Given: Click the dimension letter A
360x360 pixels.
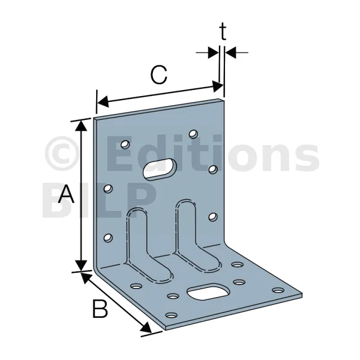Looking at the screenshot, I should pyautogui.click(x=67, y=195).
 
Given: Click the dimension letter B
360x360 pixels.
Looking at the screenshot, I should pyautogui.click(x=100, y=309).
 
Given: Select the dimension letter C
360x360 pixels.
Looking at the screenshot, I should pyautogui.click(x=159, y=75).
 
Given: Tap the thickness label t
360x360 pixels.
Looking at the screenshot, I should pyautogui.click(x=223, y=33).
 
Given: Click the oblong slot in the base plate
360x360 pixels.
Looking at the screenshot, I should pyautogui.click(x=208, y=292).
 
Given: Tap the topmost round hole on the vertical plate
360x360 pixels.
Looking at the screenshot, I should pyautogui.click(x=193, y=134).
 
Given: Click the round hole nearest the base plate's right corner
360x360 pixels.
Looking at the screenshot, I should pyautogui.click(x=277, y=291).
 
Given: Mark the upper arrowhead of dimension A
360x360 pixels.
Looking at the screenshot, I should pyautogui.click(x=83, y=125).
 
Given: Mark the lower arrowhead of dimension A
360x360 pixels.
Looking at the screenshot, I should pyautogui.click(x=83, y=264).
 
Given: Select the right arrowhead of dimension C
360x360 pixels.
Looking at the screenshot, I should pyautogui.click(x=217, y=85).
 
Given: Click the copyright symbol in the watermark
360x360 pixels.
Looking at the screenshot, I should pyautogui.click(x=61, y=154).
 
